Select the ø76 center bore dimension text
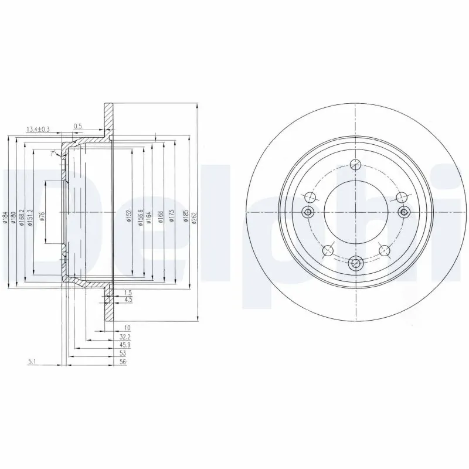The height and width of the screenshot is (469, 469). [43, 217]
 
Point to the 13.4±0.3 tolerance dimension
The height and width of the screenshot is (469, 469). [38, 128]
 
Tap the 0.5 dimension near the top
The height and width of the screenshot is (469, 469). [78, 126]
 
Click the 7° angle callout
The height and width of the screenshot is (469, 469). [52, 153]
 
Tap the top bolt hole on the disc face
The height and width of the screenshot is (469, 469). [355, 165]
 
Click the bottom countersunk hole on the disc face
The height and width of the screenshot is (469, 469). [355, 264]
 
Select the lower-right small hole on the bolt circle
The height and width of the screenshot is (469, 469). [385, 251]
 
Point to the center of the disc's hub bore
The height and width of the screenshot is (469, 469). [355, 212]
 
